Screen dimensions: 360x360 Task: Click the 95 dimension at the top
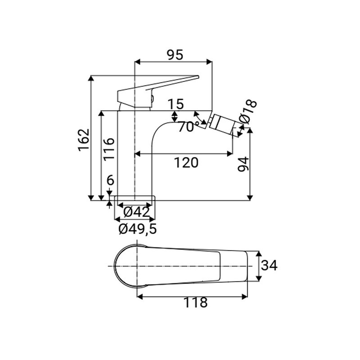tap(175, 55)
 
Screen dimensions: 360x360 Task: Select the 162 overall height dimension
tap(84, 140)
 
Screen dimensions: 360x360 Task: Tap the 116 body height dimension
tap(108, 149)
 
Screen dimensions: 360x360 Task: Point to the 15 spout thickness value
tap(176, 104)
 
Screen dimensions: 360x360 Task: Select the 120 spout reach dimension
tap(186, 162)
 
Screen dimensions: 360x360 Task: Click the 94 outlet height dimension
tap(243, 164)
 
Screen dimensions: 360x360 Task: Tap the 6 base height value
tap(110, 180)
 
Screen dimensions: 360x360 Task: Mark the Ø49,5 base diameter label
tap(138, 229)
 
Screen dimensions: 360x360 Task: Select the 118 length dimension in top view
tap(195, 302)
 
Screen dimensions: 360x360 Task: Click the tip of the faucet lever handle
tap(198, 76)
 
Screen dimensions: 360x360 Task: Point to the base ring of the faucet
tap(135, 198)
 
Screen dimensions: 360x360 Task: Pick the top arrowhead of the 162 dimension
tap(91, 78)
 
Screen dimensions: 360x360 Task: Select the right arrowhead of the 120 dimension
tap(229, 154)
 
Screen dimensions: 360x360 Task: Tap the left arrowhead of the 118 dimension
tap(140, 297)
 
